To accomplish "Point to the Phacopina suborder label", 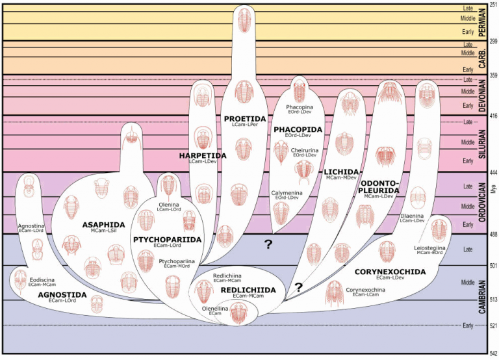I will pyautogui.click(x=300, y=107).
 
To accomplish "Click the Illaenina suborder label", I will pyautogui.click(x=413, y=214).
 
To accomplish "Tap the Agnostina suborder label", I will pyautogui.click(x=30, y=225).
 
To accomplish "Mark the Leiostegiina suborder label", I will pyautogui.click(x=430, y=248).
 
